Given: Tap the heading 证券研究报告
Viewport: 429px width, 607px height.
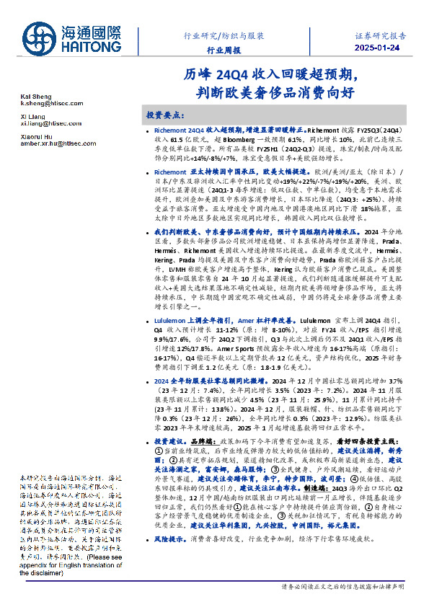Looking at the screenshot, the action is tap(381, 34).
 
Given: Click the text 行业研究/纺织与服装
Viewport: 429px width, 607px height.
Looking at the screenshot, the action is tap(224, 35).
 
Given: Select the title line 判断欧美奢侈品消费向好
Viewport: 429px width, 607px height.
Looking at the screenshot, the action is tap(268, 92).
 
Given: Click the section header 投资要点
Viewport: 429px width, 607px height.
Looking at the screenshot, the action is tap(166, 115).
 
